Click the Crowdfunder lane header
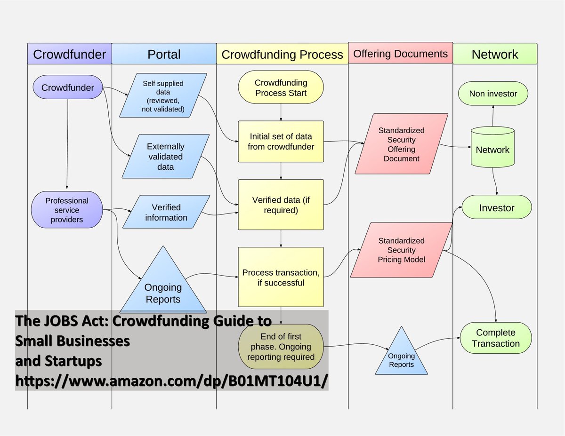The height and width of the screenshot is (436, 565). pyautogui.click(x=70, y=54)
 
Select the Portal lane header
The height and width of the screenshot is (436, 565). pyautogui.click(x=164, y=54)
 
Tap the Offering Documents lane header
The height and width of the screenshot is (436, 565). pyautogui.click(x=400, y=54)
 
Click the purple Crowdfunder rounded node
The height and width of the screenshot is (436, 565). pyautogui.click(x=68, y=88)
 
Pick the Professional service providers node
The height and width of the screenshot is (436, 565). pyautogui.click(x=67, y=210)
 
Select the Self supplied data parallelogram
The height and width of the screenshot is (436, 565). pyautogui.click(x=163, y=95)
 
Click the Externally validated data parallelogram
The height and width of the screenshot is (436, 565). pyautogui.click(x=166, y=157)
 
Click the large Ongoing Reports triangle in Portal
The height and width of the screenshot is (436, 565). pyautogui.click(x=163, y=287)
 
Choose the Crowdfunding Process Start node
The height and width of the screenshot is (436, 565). pyautogui.click(x=281, y=88)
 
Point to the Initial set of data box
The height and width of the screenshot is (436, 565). pyautogui.click(x=281, y=142)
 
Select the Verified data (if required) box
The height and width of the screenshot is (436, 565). pyautogui.click(x=281, y=205)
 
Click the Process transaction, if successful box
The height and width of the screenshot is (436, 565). pyautogui.click(x=281, y=277)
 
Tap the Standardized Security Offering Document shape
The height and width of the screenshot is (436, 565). pyautogui.click(x=401, y=144)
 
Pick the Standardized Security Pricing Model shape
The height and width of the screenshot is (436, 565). pyautogui.click(x=401, y=250)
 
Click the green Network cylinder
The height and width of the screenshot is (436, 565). pyautogui.click(x=492, y=150)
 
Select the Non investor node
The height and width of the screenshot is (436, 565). pyautogui.click(x=493, y=94)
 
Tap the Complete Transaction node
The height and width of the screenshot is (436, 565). pyautogui.click(x=495, y=338)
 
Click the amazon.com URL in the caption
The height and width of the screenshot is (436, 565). pyautogui.click(x=172, y=381)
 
